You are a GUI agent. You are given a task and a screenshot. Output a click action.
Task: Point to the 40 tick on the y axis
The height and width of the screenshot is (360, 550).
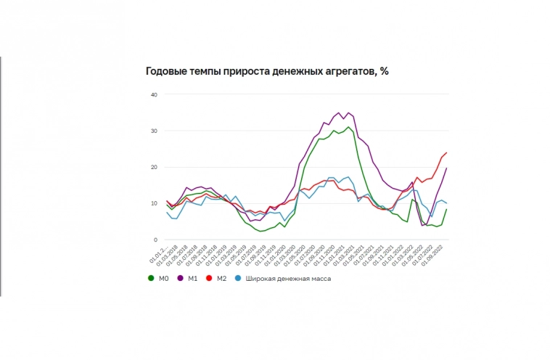[x=153, y=95]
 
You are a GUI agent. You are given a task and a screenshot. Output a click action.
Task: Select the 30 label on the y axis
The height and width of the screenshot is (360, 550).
[x=153, y=131]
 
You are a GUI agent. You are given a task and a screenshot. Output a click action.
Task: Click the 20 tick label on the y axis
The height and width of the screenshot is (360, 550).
[x=153, y=168]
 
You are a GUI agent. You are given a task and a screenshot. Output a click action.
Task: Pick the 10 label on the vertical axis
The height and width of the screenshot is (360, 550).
[x=153, y=204]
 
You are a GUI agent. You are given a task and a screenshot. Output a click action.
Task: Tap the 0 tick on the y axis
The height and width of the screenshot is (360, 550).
[x=155, y=240]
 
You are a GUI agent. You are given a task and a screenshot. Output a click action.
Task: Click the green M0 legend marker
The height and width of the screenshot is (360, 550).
[x=150, y=278]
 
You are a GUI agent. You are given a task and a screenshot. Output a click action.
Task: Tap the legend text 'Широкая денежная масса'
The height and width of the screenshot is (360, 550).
[x=289, y=278]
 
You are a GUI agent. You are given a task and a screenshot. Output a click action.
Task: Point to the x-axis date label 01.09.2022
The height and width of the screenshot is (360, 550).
[x=436, y=255]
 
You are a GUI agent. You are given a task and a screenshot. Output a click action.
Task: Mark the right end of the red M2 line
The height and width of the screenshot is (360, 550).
[x=446, y=152]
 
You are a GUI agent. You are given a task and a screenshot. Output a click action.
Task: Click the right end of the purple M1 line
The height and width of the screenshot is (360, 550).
[x=446, y=168]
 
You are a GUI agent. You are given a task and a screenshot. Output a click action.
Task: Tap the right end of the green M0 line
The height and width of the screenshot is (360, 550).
[x=446, y=209]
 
